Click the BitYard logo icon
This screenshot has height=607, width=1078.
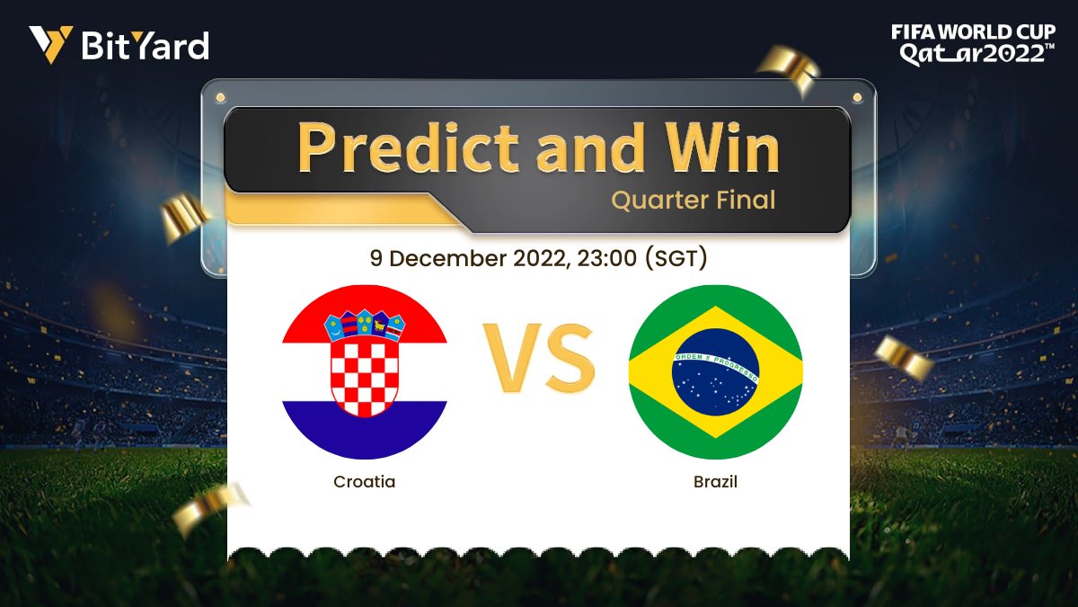pos(50,44)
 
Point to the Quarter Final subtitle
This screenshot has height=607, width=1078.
pos(693,200)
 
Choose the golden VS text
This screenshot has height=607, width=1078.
pos(539,360)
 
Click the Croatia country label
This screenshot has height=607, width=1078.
pos(364,482)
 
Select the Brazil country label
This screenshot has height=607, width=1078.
pos(715,482)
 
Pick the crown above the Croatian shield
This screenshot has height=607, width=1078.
pos(365,324)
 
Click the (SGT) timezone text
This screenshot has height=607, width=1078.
pos(676,258)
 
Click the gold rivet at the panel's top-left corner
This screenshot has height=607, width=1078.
pos(220,95)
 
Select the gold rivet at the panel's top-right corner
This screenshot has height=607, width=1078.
pos(858,95)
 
